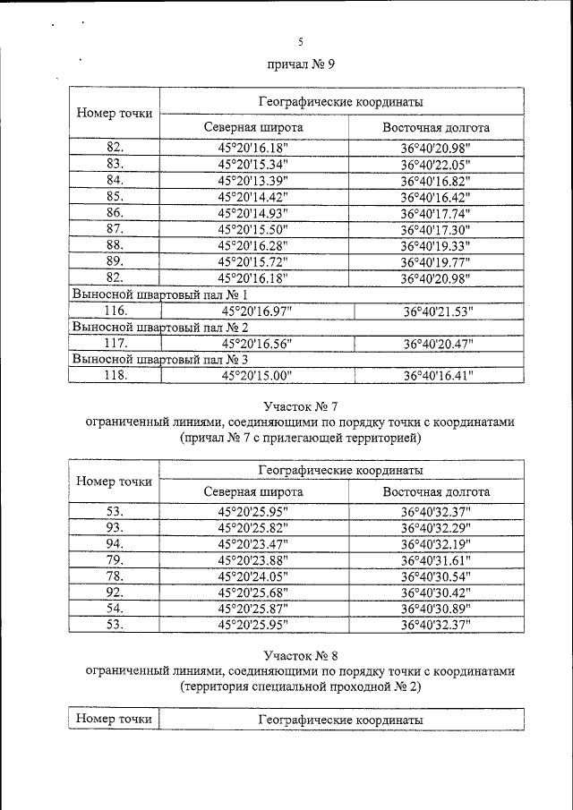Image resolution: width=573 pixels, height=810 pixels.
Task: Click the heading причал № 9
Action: pos(301,65)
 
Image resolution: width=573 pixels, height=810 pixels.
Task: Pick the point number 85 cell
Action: pos(114,197)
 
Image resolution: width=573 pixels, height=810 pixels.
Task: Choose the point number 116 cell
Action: pos(114,311)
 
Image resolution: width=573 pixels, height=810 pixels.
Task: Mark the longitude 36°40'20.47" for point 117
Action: pos(438,343)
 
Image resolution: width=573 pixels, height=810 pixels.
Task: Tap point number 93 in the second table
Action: pos(114,528)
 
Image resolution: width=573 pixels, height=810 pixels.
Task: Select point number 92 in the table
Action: pos(114,593)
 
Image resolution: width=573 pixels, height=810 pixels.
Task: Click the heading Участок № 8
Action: pos(301,655)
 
